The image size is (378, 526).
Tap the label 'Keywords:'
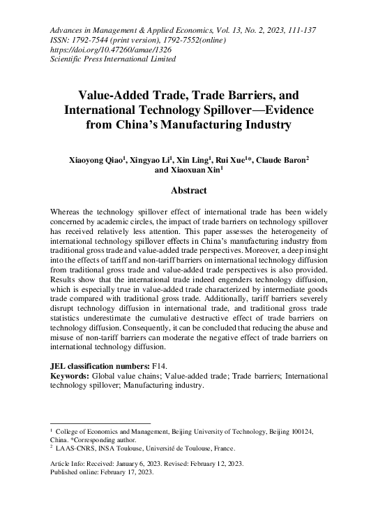coord(73,376)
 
